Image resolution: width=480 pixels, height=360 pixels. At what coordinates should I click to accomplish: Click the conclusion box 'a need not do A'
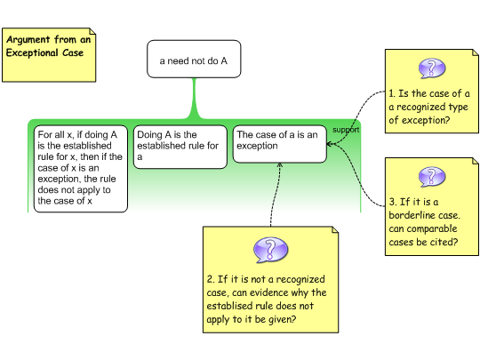(194, 59)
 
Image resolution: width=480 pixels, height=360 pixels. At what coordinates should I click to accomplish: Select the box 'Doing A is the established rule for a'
(180, 147)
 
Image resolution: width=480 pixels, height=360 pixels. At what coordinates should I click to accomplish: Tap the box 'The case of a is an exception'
(280, 144)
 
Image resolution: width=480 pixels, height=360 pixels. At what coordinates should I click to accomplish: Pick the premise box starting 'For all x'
(81, 169)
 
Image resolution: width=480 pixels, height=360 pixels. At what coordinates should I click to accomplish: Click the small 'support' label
(346, 130)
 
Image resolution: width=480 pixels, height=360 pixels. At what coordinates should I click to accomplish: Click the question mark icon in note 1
(432, 68)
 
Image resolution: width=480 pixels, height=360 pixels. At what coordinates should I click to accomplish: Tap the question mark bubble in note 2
(270, 250)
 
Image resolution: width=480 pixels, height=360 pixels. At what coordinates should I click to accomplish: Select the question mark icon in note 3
(432, 177)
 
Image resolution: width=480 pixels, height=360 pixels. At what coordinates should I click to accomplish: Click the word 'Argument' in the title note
(28, 40)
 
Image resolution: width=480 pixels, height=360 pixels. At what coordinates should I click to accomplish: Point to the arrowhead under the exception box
(279, 165)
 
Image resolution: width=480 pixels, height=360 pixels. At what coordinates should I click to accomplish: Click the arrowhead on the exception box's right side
(330, 144)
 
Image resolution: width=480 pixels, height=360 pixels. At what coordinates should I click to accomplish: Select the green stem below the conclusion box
(194, 99)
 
